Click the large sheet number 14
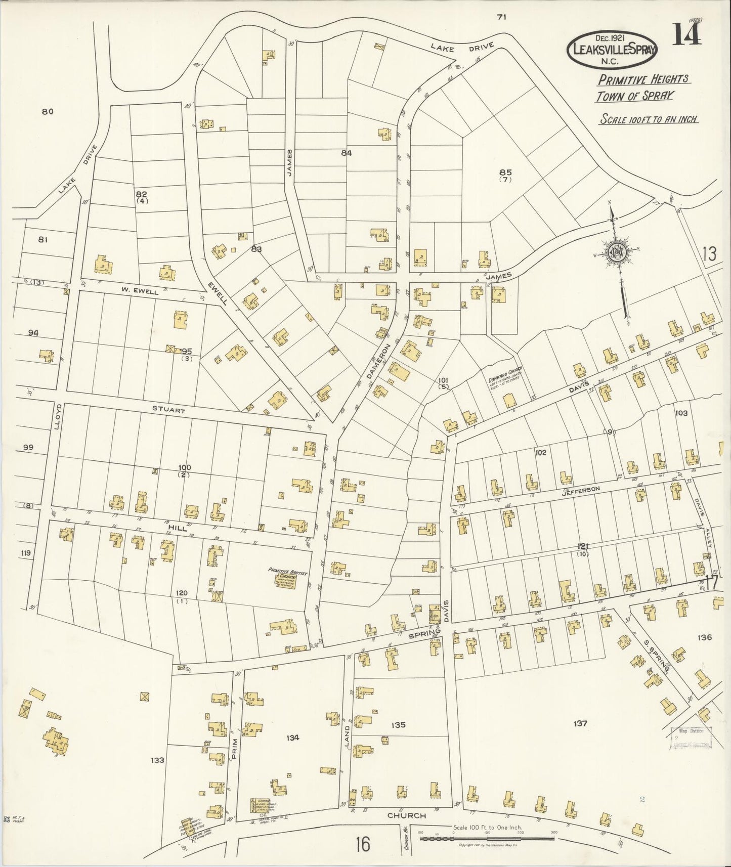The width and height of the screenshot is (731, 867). coord(686,35)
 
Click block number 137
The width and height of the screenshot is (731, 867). coord(580,723)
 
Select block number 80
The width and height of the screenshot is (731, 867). coord(48,112)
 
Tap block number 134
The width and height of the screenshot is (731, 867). coord(292,738)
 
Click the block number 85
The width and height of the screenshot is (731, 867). coord(505,172)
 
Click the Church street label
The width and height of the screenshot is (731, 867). coord(406,815)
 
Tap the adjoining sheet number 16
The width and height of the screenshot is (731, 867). coord(362,844)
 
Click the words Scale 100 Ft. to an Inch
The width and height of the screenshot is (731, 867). coord(649,119)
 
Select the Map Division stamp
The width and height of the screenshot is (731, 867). coord(691,737)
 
